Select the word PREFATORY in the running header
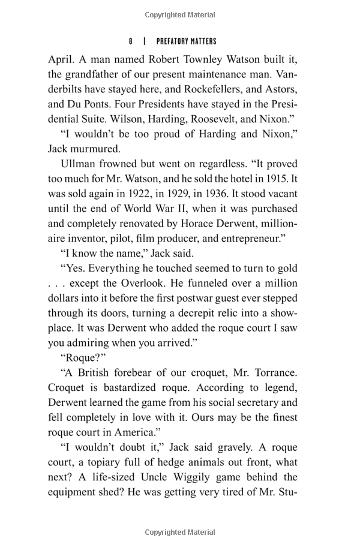tap(174, 41)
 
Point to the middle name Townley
tap(190, 60)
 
